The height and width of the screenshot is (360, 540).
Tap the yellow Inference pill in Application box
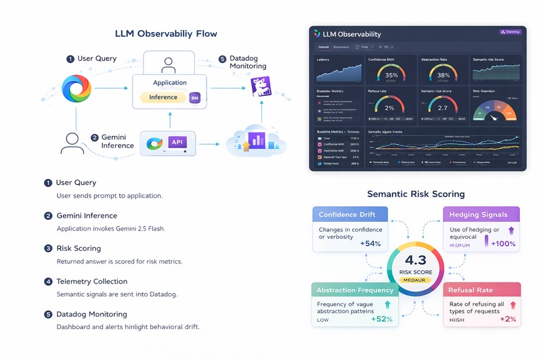pos(163,97)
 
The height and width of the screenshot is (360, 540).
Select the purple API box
pos(177,142)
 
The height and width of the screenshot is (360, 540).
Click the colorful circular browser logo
pos(76,88)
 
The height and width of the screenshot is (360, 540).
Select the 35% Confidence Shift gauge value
pos(391,75)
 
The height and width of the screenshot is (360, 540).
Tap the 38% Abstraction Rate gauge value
pos(443,75)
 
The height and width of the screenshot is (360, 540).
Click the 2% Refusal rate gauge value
pos(390,107)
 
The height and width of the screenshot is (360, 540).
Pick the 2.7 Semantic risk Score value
pos(443,107)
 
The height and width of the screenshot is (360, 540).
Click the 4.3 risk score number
pos(416,261)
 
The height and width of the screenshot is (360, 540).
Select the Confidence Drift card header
pos(352,215)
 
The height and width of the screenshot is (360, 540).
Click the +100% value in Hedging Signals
pos(504,244)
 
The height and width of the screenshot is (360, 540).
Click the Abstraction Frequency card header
pos(354,290)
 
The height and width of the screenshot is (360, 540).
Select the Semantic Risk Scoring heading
pos(415,194)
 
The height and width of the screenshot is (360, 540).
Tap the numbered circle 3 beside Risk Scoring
pos(48,248)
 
